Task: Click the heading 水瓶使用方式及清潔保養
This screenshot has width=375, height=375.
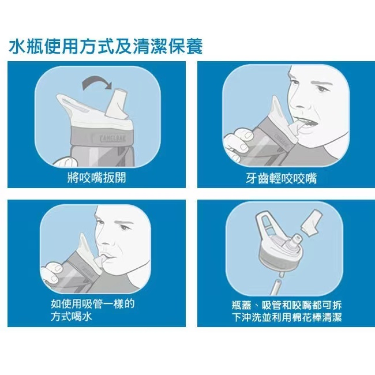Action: (x=106, y=46)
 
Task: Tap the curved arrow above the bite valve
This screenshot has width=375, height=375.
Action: (x=96, y=80)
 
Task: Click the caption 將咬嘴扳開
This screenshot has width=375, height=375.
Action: (x=96, y=178)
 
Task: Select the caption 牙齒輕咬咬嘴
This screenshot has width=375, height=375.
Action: (x=282, y=178)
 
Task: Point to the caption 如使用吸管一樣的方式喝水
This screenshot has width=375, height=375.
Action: (x=93, y=310)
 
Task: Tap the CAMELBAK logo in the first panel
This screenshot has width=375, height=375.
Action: (x=113, y=138)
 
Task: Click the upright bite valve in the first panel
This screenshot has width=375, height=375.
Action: (x=117, y=103)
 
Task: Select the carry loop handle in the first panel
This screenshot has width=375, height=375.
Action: (x=74, y=103)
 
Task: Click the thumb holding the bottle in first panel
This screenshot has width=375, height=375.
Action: (x=66, y=162)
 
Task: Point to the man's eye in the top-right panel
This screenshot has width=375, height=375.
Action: (x=322, y=89)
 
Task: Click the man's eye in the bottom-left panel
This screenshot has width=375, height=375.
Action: (x=123, y=227)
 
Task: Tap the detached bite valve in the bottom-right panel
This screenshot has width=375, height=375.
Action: (x=310, y=223)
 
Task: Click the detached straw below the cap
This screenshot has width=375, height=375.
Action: (x=276, y=287)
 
